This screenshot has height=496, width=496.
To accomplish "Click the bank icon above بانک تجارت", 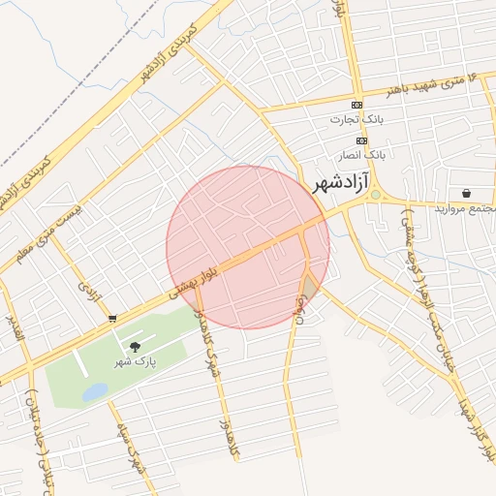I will [357, 105].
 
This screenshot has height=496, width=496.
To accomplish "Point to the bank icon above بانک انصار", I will [361, 140].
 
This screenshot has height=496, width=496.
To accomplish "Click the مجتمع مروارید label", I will [465, 208].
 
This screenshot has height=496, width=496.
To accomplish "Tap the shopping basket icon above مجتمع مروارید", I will [467, 194].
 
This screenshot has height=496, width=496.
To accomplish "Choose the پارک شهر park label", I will [135, 361].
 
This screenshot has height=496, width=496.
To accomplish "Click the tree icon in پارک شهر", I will [134, 346].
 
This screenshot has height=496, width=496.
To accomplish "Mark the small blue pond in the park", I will [95, 391].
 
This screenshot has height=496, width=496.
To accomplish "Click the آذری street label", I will [90, 289].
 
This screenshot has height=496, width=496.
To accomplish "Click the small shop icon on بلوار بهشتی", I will [112, 318].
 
